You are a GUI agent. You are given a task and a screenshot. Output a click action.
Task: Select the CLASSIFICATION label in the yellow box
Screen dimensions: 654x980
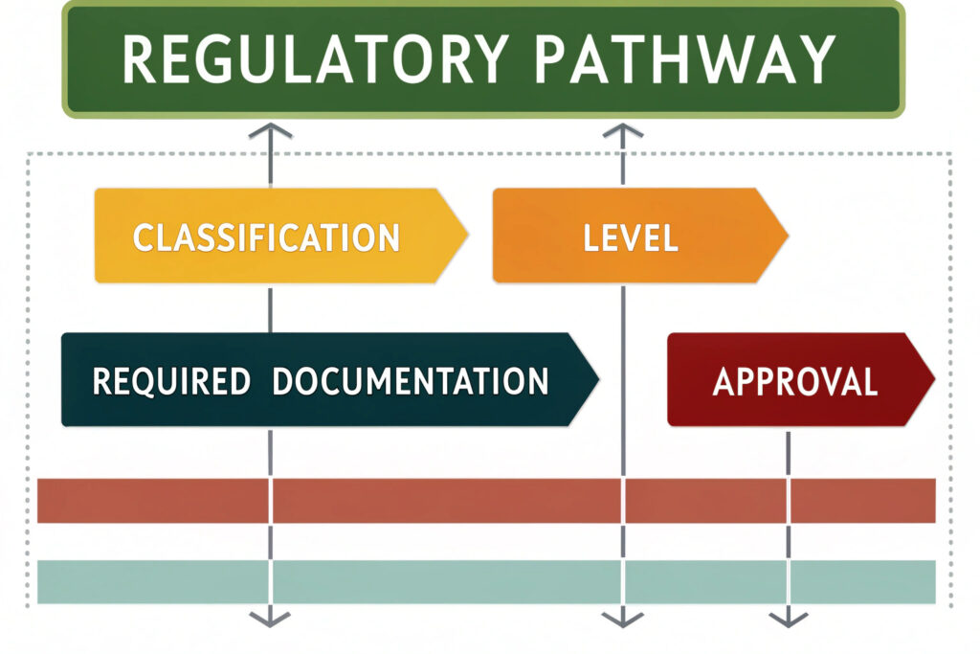(266, 237)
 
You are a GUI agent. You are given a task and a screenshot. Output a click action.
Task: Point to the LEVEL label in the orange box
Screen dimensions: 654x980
(630, 237)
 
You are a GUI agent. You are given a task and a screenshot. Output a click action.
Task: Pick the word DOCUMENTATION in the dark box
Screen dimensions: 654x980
(410, 380)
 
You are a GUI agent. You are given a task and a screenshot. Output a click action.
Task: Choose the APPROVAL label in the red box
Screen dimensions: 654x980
(794, 380)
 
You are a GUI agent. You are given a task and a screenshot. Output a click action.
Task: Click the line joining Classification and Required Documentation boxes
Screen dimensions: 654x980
(271, 308)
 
